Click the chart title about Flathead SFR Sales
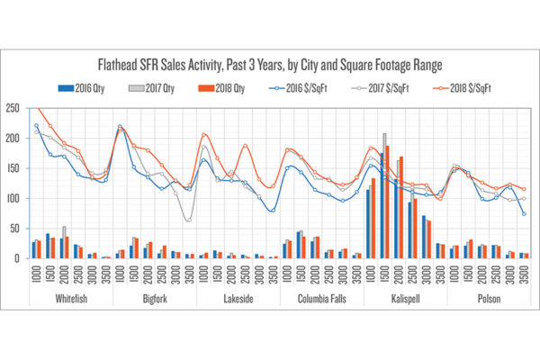pyautogui.click(x=270, y=65)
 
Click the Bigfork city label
pyautogui.click(x=154, y=297)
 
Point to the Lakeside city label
pyautogui.click(x=238, y=297)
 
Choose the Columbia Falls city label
pyautogui.click(x=321, y=297)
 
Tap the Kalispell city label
pyautogui.click(x=405, y=297)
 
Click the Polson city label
pyautogui.click(x=490, y=297)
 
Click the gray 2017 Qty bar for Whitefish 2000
pyautogui.click(x=64, y=243)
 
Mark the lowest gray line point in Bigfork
pyautogui.click(x=188, y=220)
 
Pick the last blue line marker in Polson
pyautogui.click(x=524, y=213)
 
